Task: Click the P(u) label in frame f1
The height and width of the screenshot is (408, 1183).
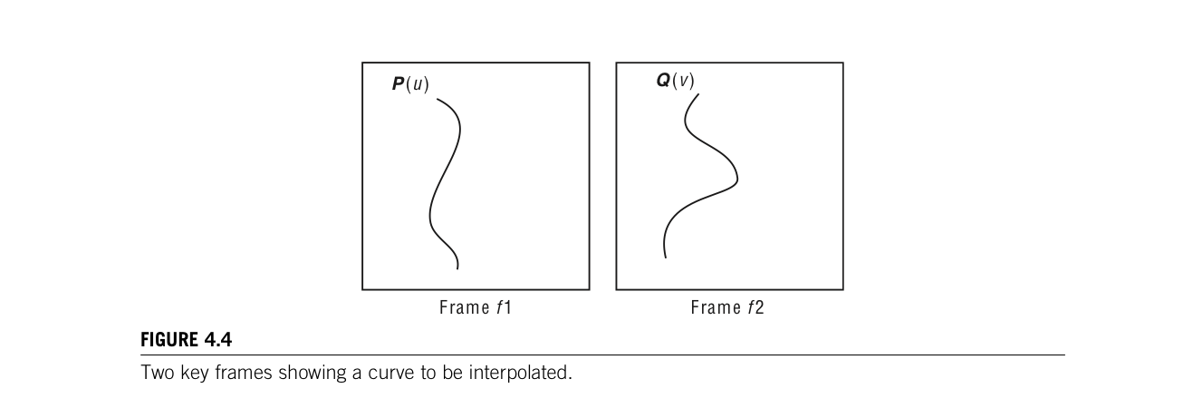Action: [x=410, y=84]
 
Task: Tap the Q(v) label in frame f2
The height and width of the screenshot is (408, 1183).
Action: [x=675, y=81]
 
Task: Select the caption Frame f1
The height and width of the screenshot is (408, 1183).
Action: [x=476, y=307]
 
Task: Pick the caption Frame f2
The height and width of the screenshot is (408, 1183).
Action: [x=727, y=307]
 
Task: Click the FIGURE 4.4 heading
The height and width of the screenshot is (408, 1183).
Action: [x=186, y=340]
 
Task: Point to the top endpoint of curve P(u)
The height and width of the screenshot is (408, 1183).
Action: [x=438, y=98]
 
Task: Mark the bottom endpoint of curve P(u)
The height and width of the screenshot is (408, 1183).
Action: [x=457, y=268]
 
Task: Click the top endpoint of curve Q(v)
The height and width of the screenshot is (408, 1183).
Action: [x=698, y=93]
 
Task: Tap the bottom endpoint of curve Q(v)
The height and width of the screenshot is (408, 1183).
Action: [x=666, y=257]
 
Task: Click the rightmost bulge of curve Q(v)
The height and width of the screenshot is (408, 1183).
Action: [x=736, y=174]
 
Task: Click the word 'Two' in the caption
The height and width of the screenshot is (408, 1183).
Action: [x=155, y=373]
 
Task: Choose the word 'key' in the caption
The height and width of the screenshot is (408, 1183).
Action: [x=192, y=373]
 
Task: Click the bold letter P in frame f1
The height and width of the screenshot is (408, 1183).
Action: [x=398, y=84]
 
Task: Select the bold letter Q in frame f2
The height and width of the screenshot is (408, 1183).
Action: [x=663, y=81]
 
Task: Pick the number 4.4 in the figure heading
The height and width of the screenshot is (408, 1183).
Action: [x=217, y=340]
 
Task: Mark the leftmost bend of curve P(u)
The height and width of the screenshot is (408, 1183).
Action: [x=429, y=218]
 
